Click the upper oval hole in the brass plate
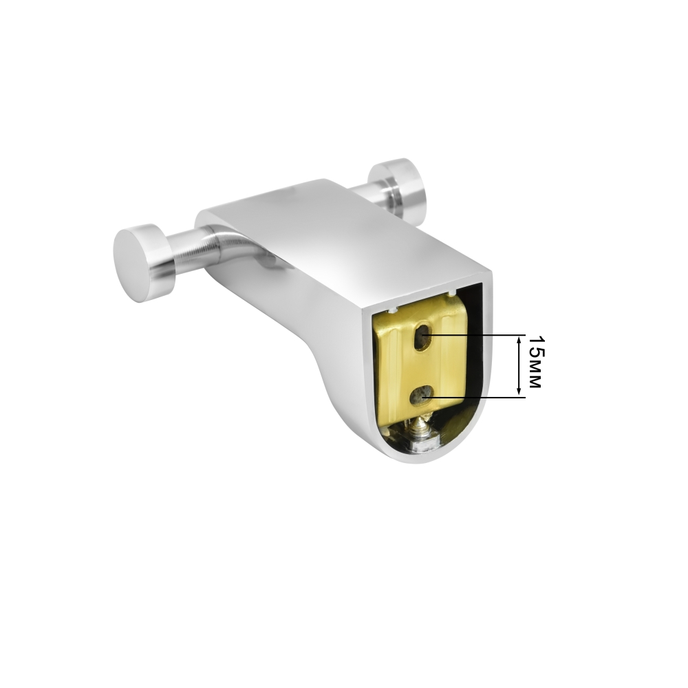click(x=423, y=336)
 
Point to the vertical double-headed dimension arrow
click(x=519, y=365)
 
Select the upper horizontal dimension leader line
click(x=476, y=335)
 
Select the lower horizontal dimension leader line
click(x=474, y=398)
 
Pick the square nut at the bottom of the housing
click(x=422, y=445)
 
